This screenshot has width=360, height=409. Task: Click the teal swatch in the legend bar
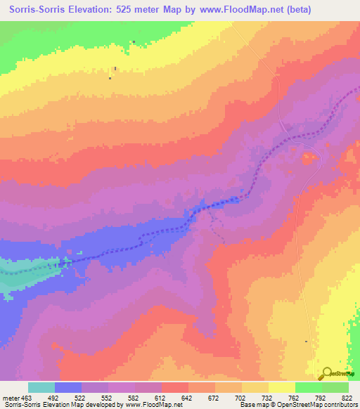41,387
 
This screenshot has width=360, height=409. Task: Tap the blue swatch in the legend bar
68,387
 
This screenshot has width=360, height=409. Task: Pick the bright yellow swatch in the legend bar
282,387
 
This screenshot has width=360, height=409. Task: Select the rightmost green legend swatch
335,387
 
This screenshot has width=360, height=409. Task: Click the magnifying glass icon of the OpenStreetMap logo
326,372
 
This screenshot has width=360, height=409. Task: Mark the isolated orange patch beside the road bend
307,159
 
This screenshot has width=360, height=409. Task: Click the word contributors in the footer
342,405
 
